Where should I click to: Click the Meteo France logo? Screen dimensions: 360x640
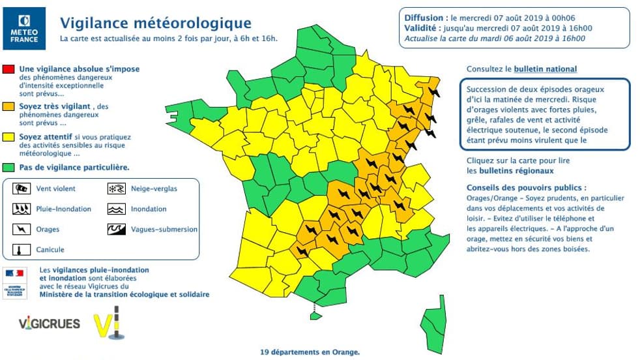click(24, 25)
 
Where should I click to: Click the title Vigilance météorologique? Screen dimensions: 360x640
click(147, 23)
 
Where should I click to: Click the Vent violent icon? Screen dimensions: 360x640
click(23, 188)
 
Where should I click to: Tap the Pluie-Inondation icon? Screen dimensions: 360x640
click(23, 209)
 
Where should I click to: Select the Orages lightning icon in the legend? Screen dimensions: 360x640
click(23, 230)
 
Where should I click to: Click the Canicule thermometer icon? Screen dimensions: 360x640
click(23, 250)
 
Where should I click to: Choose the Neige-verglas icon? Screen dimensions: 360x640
click(115, 188)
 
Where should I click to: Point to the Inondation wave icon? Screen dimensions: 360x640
click(115, 209)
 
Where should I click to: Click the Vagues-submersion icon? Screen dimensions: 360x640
click(115, 230)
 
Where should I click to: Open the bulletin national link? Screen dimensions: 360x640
click(545, 69)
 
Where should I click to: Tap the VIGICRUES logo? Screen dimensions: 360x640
click(50, 323)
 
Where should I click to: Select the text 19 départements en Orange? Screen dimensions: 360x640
click(310, 352)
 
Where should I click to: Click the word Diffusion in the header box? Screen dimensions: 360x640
click(426, 18)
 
